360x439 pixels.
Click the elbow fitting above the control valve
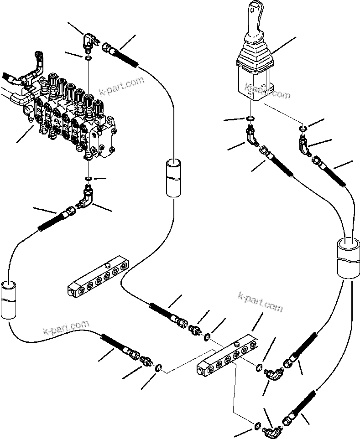click(x=89, y=43)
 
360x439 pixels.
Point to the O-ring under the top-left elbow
click(x=88, y=57)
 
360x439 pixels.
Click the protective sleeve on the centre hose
click(x=173, y=177)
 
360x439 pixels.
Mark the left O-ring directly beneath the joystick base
click(x=250, y=120)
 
